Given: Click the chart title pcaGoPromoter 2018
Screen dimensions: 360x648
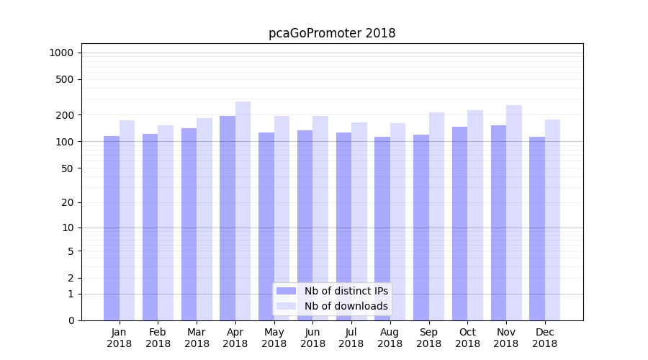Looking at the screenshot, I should pos(332,33).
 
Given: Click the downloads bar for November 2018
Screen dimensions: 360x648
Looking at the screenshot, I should pos(513,213).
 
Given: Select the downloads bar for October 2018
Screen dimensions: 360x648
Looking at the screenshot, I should pos(475,215).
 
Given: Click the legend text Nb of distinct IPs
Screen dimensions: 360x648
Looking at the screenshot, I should pos(346,291).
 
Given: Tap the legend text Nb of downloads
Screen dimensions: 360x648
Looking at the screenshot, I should pos(346,306).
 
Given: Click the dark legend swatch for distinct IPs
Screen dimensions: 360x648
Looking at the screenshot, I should pos(287,291).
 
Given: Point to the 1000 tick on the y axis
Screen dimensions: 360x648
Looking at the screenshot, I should pos(62,53).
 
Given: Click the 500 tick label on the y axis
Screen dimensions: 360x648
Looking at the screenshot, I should pos(66,79).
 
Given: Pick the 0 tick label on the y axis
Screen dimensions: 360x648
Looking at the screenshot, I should pos(71,320).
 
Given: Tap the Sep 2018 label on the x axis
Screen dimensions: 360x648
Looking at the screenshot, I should pos(428,338).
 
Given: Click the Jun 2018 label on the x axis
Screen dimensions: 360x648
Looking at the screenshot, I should pos(312,338).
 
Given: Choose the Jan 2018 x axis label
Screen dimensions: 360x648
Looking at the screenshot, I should pos(120,338).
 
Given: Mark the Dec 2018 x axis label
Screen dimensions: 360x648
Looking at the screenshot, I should pos(545,338).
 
